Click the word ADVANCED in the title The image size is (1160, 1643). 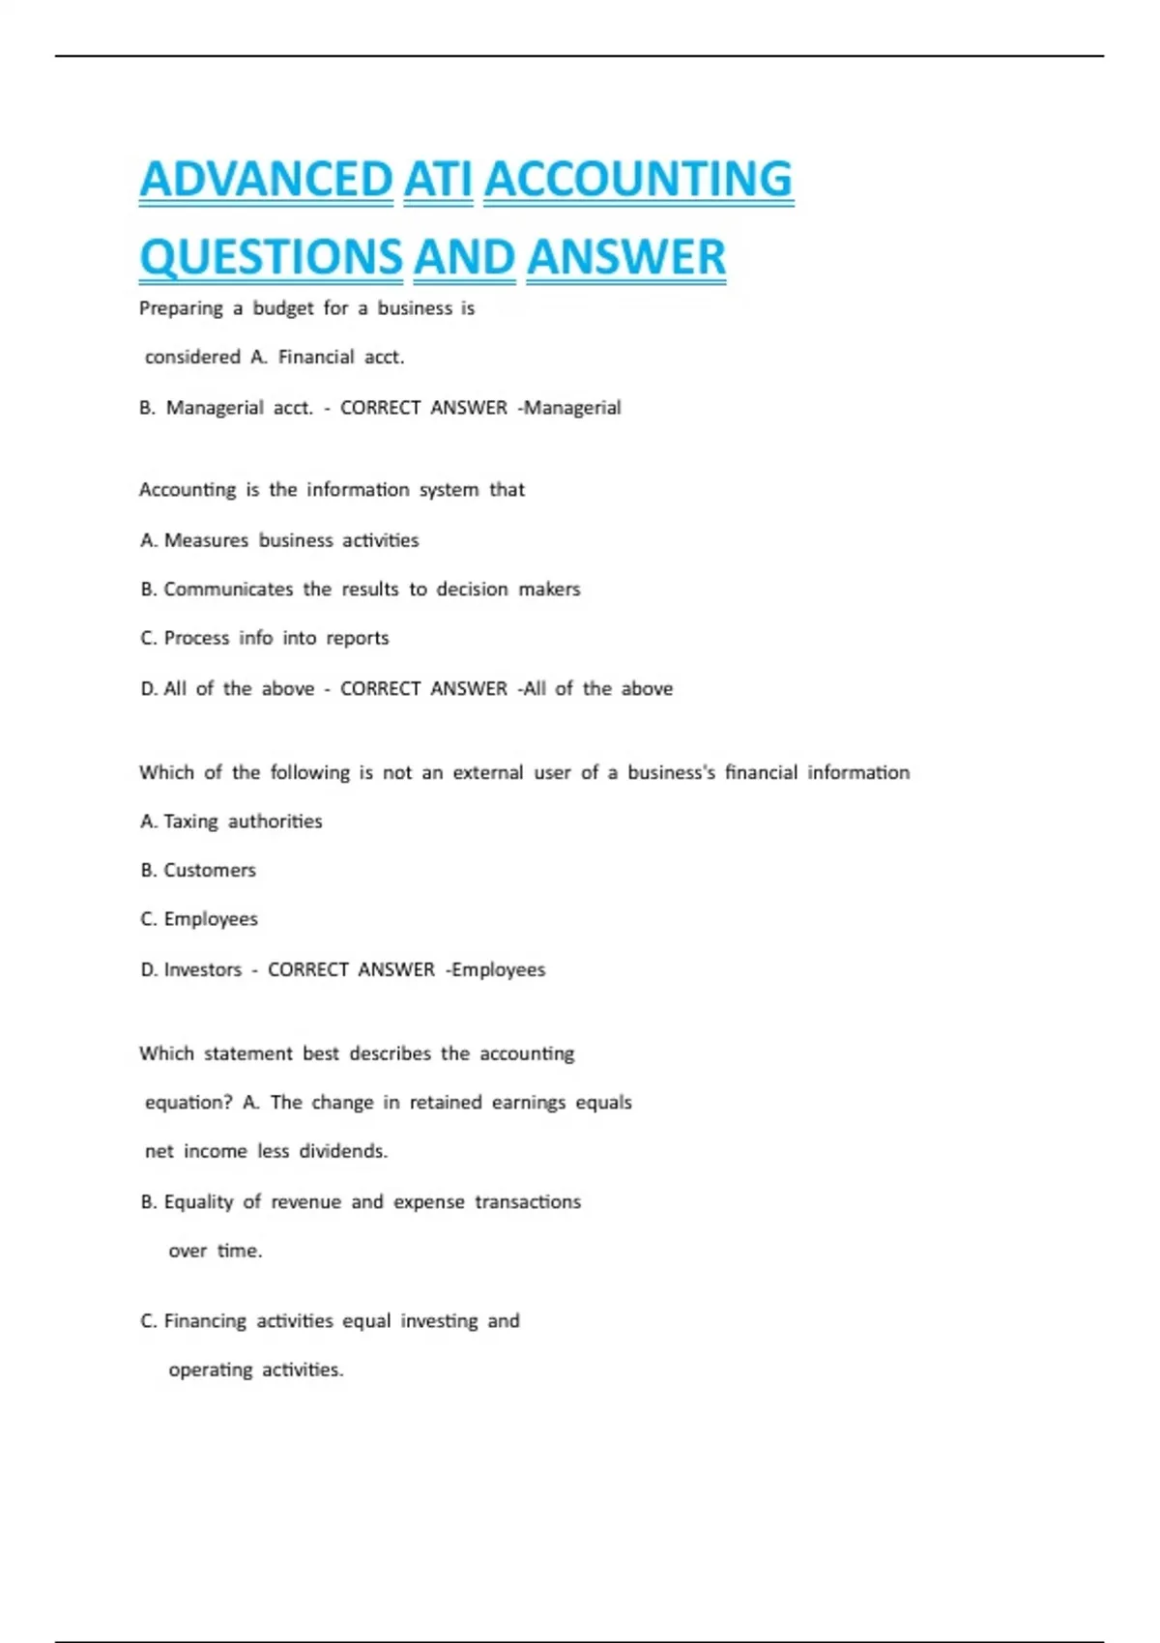pos(266,180)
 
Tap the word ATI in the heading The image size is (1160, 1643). pos(438,180)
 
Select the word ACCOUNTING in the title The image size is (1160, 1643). pos(638,180)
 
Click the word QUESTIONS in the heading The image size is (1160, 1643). pos(271,257)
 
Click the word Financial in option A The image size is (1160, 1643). pos(316,357)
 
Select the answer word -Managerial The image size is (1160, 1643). pos(569,408)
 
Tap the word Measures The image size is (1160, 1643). pos(206,540)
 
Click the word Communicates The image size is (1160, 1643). pos(228,590)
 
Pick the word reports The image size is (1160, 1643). pos(357,639)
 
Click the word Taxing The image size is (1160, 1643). pos(190,821)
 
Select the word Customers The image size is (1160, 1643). pos(210,870)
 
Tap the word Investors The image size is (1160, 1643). pos(203,969)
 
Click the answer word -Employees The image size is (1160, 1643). pos(495,969)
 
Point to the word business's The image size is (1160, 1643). pos(671,772)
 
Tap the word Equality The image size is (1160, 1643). pos(198,1201)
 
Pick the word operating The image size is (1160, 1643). pos(211,1370)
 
